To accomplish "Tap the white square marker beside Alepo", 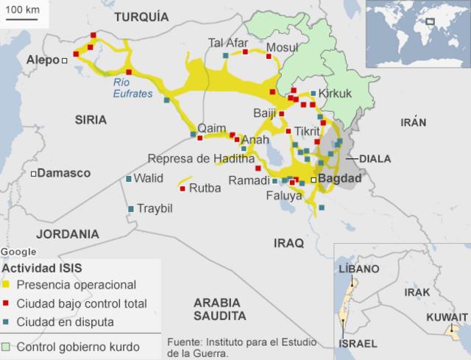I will (x=65, y=60).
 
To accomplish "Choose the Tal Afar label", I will (x=228, y=42).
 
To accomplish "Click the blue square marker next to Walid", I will (x=129, y=178).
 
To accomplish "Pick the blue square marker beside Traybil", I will (x=131, y=209).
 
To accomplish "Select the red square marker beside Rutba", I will (x=182, y=188).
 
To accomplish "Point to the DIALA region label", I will (x=375, y=158).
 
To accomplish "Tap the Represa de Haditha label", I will (x=201, y=158).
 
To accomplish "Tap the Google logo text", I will (x=18, y=252).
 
